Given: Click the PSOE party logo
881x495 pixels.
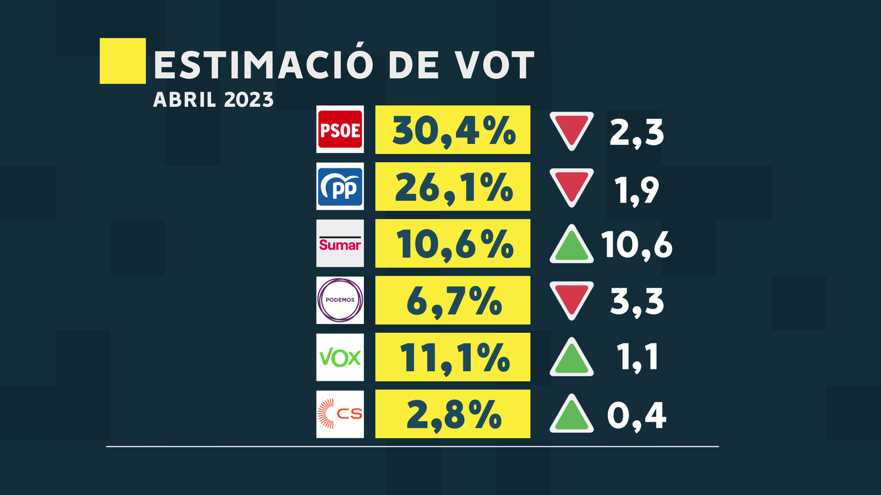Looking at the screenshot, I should click(x=340, y=129).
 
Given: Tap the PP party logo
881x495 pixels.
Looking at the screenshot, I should click(x=340, y=186).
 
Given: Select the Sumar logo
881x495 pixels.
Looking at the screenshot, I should click(x=340, y=244).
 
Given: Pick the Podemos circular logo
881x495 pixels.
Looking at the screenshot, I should click(x=340, y=300).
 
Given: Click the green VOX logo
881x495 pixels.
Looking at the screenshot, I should click(x=340, y=358).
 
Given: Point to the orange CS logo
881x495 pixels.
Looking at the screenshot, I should click(x=340, y=414).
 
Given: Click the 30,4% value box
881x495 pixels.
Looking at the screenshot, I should click(x=453, y=130).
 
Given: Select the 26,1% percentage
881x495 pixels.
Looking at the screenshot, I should click(x=453, y=186).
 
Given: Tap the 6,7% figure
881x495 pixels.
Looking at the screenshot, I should click(x=453, y=300).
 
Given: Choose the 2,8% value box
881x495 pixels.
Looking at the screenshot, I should click(x=453, y=414).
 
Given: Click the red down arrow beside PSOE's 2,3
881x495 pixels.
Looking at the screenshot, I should click(x=572, y=129).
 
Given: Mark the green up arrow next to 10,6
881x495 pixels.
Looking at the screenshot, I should click(x=572, y=246).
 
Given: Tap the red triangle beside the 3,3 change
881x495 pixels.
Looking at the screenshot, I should click(x=572, y=299).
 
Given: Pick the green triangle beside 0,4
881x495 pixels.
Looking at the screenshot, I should click(x=572, y=415).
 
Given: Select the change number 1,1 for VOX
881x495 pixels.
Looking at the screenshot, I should click(x=637, y=357).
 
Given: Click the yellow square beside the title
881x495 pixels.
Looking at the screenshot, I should click(x=122, y=61).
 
